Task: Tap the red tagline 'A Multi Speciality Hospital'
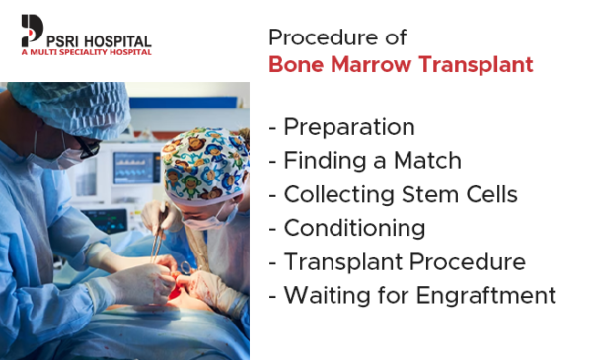pos(86,52)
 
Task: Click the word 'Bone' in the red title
pos(296,65)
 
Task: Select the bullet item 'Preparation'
pos(348,127)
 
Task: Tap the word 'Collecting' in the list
pos(334,194)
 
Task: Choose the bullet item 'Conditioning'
pos(353,228)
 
